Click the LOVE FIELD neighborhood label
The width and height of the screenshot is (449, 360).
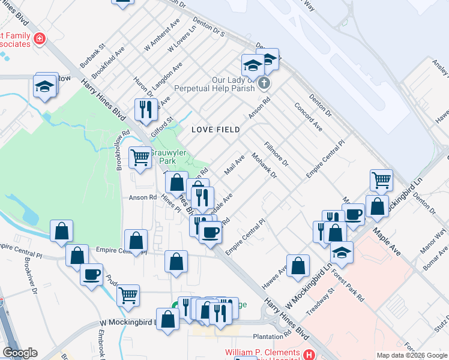click(215, 130)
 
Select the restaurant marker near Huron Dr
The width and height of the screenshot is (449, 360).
click(145, 109)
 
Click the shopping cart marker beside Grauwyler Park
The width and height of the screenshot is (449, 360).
click(140, 158)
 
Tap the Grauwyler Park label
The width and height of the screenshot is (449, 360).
click(171, 157)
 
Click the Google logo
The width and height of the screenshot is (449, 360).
click(20, 353)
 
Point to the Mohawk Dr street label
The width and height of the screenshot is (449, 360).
click(264, 166)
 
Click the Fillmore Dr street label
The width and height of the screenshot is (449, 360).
click(277, 154)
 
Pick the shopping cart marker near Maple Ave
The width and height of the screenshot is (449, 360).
click(381, 179)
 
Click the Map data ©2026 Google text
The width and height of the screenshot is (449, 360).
click(411, 355)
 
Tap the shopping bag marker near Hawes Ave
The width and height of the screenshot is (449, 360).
click(298, 265)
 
